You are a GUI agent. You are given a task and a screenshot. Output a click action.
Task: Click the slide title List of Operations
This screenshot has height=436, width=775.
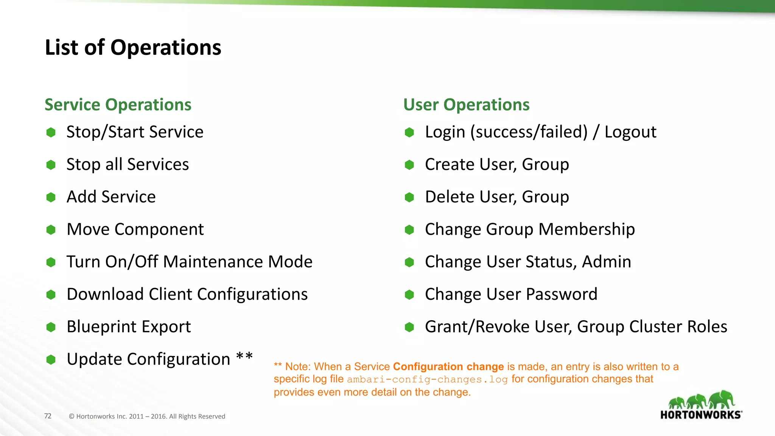[133, 48]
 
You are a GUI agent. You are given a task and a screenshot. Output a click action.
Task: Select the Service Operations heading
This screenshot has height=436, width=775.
[118, 105]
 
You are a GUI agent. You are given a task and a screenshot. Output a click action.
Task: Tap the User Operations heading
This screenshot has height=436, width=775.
[466, 105]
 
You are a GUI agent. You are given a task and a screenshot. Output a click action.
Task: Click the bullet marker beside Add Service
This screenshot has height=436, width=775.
[51, 197]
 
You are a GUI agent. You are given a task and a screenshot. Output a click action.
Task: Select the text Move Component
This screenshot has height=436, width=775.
[135, 229]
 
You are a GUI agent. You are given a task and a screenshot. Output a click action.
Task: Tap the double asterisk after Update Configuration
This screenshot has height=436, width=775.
[244, 357]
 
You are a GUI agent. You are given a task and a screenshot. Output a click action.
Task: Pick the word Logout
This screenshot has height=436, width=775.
[630, 132]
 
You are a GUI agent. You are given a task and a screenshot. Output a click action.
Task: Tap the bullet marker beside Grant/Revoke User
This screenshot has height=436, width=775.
[409, 327]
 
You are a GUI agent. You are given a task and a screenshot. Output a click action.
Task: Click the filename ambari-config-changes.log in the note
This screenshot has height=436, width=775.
[427, 379]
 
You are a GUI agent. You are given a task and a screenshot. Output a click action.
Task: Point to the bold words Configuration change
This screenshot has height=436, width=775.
[448, 366]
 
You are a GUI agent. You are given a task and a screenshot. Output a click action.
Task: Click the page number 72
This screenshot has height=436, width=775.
[48, 416]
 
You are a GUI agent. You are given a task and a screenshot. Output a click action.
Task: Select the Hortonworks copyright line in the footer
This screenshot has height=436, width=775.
[147, 416]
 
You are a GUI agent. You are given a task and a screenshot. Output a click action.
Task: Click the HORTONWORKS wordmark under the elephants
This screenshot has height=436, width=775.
[700, 415]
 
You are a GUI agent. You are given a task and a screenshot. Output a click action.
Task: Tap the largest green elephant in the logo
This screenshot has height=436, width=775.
[722, 399]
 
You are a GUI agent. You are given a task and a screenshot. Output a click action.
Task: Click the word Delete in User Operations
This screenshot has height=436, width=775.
[449, 197]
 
